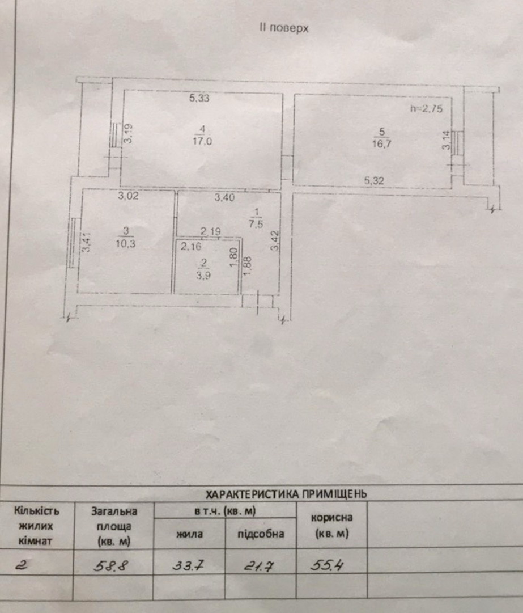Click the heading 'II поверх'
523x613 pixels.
(284, 28)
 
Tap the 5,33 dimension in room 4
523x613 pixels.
(199, 98)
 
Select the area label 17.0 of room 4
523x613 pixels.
(202, 141)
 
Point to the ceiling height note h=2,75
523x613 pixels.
(426, 109)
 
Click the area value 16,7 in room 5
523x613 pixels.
(381, 143)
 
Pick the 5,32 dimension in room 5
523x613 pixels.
(374, 181)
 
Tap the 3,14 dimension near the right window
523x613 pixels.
(446, 140)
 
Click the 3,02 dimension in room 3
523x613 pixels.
(128, 196)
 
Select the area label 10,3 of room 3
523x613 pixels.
(125, 244)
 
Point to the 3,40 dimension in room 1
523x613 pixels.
(224, 198)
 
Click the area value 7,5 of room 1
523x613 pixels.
(256, 224)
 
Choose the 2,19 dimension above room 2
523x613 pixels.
(211, 232)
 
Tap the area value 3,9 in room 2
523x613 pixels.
(204, 275)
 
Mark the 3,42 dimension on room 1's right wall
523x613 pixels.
(276, 241)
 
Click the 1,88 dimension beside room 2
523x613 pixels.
(247, 266)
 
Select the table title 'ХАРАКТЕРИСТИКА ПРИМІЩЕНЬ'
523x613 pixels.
(286, 494)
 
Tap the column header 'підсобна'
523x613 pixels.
(261, 534)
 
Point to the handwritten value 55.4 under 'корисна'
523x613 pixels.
(326, 565)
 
